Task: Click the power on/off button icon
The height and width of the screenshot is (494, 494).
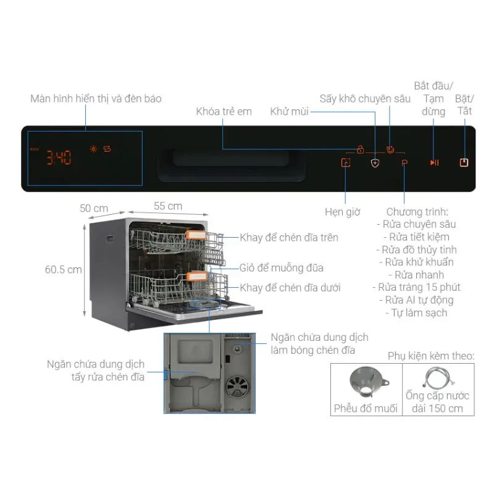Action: coord(464,163)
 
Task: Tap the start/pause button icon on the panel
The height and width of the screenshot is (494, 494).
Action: coord(434,163)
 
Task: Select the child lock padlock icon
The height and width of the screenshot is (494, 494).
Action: coord(360,149)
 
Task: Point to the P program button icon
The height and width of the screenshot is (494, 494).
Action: coord(404,164)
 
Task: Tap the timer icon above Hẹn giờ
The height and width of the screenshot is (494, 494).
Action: coord(345,163)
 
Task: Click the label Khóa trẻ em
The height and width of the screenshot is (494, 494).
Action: coord(224,111)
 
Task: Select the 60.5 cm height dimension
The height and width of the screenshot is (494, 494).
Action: coord(63,270)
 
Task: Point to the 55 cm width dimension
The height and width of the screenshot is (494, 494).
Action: coord(167,206)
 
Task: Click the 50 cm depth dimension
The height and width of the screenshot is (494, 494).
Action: coord(94,208)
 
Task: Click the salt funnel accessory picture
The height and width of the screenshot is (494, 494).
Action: coord(366,383)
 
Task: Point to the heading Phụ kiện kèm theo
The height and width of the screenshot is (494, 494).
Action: coord(431,356)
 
